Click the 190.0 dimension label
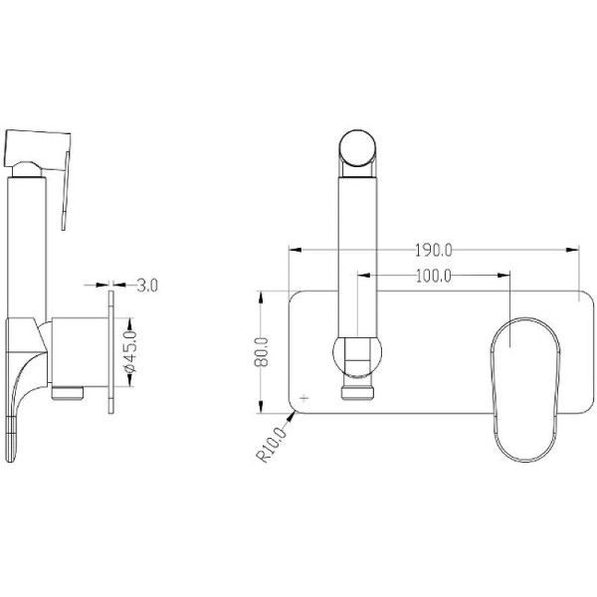pyautogui.click(x=433, y=251)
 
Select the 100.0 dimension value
pyautogui.click(x=433, y=276)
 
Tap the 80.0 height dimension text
pyautogui.click(x=261, y=352)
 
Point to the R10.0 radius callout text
pyautogui.click(x=272, y=445)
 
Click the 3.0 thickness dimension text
pyautogui.click(x=147, y=286)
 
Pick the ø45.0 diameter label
pyautogui.click(x=130, y=352)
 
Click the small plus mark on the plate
pyautogui.click(x=303, y=398)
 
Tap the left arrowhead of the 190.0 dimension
pyautogui.click(x=296, y=250)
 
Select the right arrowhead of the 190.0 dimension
pyautogui.click(x=573, y=250)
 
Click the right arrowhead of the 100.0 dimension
pyautogui.click(x=503, y=275)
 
